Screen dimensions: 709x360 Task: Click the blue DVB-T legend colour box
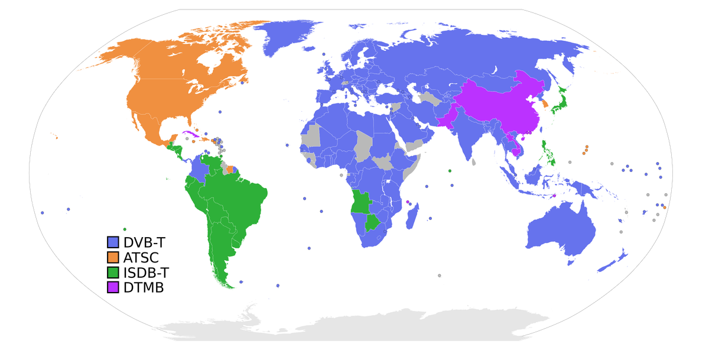pyautogui.click(x=113, y=242)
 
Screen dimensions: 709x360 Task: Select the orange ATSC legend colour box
pyautogui.click(x=113, y=257)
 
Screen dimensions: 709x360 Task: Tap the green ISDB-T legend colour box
pyautogui.click(x=113, y=273)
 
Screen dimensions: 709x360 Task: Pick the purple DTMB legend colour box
pyautogui.click(x=113, y=288)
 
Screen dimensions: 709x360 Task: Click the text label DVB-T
pyautogui.click(x=145, y=242)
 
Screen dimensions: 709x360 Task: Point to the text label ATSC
pyautogui.click(x=141, y=257)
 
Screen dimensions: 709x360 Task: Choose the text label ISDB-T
pyautogui.click(x=146, y=273)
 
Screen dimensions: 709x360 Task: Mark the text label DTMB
pyautogui.click(x=144, y=288)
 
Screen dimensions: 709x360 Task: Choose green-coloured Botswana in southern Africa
pyautogui.click(x=372, y=224)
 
